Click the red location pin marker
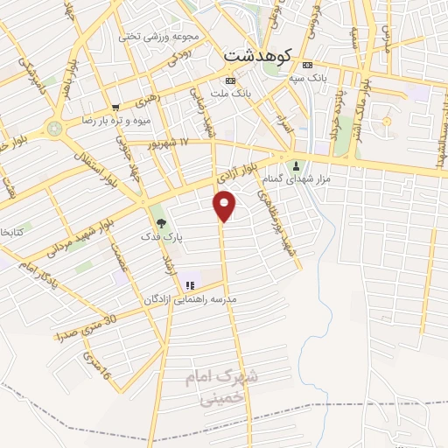click(226, 205)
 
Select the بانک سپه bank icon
click(306, 66)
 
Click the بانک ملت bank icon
click(219, 81)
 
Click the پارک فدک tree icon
click(160, 222)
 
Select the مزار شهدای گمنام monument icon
click(296, 166)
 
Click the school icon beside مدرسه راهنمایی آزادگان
click(189, 285)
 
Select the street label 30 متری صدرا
click(85, 329)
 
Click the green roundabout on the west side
click(56, 129)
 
